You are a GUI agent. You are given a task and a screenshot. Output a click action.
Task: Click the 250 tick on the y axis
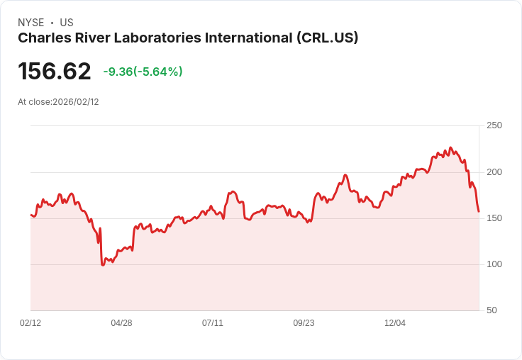(494, 125)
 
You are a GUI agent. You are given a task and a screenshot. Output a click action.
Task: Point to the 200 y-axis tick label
(494, 172)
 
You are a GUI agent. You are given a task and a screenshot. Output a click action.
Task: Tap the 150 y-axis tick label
(494, 218)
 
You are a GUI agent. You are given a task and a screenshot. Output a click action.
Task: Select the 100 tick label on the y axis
(494, 264)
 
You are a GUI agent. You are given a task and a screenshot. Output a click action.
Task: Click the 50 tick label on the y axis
(492, 310)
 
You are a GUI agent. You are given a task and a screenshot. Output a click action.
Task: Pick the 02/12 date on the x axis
(30, 323)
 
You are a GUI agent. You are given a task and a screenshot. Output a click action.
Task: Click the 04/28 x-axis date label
(121, 323)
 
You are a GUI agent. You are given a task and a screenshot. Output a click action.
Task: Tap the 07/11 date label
(213, 323)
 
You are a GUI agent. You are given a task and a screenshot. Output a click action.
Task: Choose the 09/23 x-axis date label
(304, 323)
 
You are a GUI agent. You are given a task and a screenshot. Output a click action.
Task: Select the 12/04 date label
(395, 323)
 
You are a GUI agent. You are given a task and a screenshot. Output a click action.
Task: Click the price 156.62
(55, 72)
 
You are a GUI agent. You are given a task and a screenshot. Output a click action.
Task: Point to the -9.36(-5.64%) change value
(143, 72)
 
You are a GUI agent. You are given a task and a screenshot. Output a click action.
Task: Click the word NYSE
(30, 23)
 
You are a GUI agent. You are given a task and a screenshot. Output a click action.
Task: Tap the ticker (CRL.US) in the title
(327, 38)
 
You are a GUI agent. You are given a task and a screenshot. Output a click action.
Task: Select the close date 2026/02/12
(76, 102)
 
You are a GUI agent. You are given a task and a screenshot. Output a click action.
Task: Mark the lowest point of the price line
(103, 265)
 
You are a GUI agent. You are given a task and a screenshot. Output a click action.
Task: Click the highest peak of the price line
(450, 147)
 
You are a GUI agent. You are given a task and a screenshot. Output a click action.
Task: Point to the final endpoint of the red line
(479, 211)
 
